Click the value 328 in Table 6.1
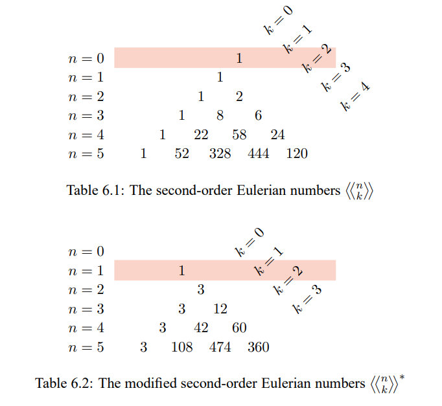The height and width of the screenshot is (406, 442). (220, 153)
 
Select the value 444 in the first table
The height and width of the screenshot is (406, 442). (258, 153)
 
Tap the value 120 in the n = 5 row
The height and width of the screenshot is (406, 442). (297, 153)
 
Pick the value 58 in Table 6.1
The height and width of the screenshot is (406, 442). (239, 135)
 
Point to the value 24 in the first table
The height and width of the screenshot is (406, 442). (277, 135)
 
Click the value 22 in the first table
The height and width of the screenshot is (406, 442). (201, 135)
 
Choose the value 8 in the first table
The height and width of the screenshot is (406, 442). (220, 115)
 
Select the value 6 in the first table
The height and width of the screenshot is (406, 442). (259, 115)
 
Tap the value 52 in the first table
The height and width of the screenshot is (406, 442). (182, 153)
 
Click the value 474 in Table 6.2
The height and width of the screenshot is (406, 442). (220, 347)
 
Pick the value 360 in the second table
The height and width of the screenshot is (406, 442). (258, 347)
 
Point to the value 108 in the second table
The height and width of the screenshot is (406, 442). (182, 347)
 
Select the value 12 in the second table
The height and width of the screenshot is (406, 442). (220, 309)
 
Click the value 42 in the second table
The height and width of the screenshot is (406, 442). (201, 328)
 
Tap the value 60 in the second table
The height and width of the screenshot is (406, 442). (239, 328)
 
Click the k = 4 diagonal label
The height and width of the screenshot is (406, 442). (355, 96)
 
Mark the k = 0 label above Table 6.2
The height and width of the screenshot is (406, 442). (250, 242)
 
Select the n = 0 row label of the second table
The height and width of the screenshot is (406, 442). (86, 251)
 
